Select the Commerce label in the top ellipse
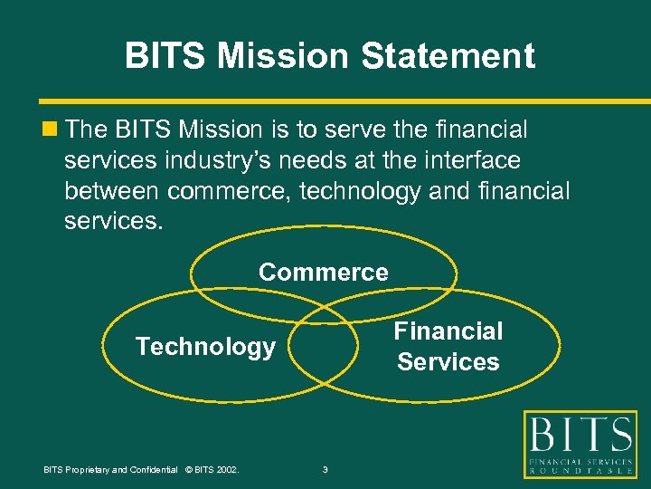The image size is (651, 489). pos(324,272)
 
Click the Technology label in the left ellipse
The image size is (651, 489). pos(205,347)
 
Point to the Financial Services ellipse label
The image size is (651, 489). pos(448,347)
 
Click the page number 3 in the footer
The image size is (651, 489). pos(325,469)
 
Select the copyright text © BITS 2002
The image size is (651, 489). pos(211,469)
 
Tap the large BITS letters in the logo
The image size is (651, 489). pos(580,438)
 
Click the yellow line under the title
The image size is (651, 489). pos(325,101)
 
